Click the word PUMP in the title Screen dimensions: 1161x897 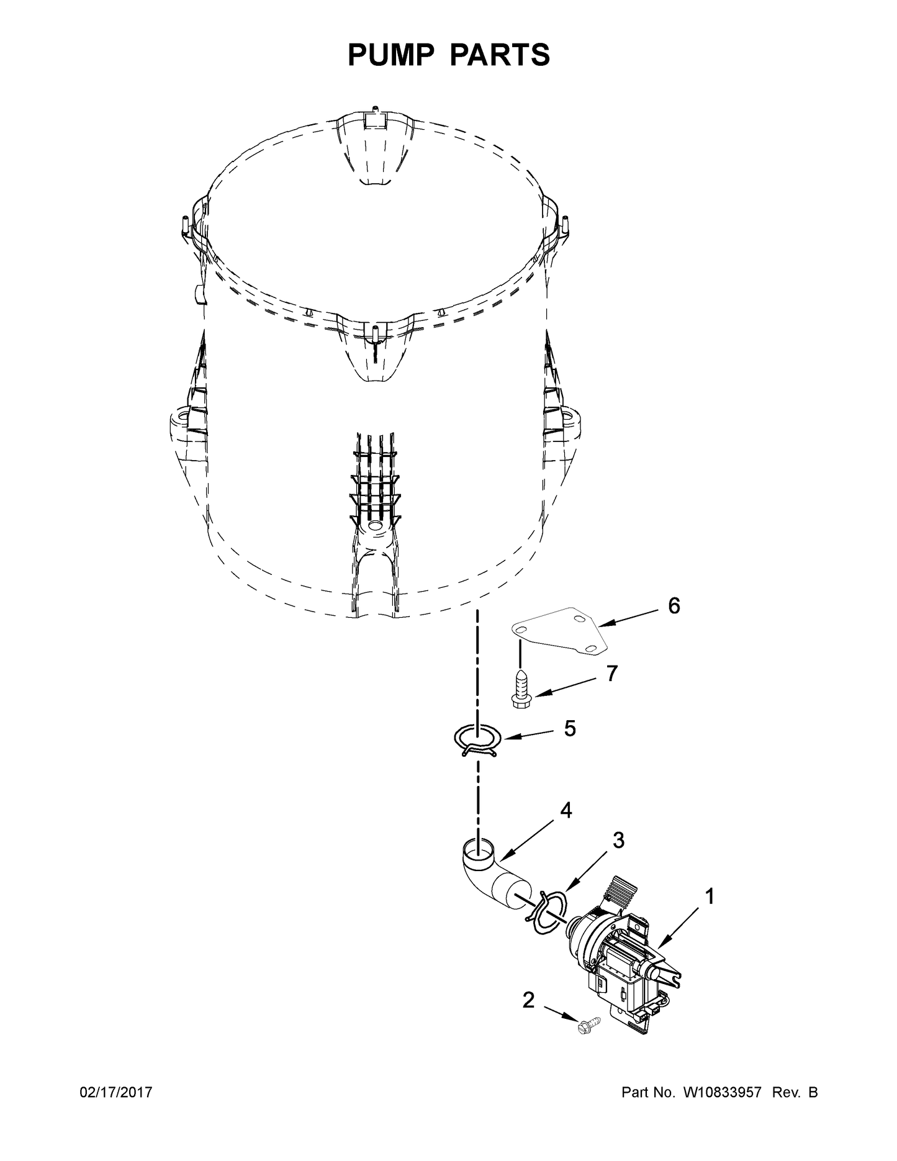click(391, 55)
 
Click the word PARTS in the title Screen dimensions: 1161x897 click(499, 55)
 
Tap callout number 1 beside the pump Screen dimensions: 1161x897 click(708, 897)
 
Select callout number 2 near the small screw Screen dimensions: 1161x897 click(528, 1000)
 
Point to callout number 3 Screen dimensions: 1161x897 click(618, 841)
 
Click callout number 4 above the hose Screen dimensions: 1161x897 click(566, 810)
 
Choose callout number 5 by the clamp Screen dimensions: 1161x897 click(569, 728)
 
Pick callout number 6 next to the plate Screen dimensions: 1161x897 click(674, 605)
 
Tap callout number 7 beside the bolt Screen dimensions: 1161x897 click(612, 673)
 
